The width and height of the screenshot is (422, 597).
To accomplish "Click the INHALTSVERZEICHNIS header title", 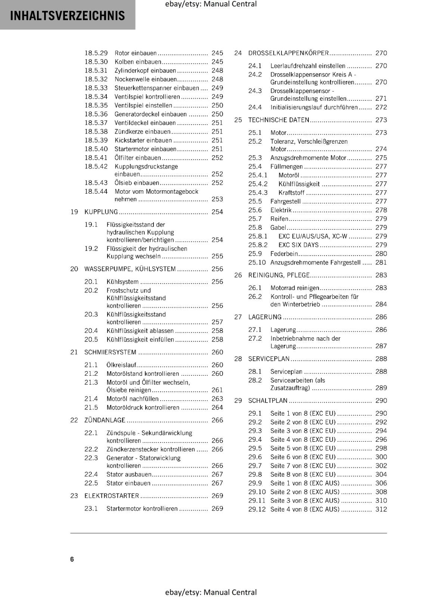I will click(68, 16).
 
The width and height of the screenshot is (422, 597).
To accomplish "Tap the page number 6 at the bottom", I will click(72, 559).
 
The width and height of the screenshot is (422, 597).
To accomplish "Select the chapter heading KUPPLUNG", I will click(101, 212).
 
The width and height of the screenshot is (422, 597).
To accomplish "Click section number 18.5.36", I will click(96, 114).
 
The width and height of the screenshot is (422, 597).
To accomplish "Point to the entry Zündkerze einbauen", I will click(142, 132).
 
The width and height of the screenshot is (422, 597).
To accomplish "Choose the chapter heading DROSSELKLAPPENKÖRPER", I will click(288, 53).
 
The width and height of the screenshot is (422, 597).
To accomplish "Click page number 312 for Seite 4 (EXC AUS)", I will click(381, 509).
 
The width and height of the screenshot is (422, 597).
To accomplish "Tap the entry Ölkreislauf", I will click(121, 365).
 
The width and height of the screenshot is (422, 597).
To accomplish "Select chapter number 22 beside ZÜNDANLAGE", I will click(74, 420).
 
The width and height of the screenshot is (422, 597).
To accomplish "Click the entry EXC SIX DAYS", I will click(298, 245).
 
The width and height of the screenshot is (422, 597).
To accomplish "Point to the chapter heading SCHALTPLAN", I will click(268, 401).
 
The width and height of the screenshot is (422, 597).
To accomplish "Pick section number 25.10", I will click(257, 263).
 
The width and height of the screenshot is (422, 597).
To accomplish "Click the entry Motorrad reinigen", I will click(295, 288).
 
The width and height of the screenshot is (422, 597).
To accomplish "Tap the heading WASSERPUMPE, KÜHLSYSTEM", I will click(130, 269).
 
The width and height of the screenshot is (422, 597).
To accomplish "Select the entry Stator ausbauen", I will click(129, 475).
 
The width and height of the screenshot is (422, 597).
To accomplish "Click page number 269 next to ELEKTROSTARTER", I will click(217, 496).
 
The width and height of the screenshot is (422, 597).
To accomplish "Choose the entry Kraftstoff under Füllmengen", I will click(291, 193).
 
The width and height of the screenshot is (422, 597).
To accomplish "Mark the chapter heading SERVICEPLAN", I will click(269, 359).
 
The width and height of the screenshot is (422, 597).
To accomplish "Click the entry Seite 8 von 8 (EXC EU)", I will click(303, 475).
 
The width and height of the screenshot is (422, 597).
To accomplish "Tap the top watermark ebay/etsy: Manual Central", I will click(211, 4).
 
